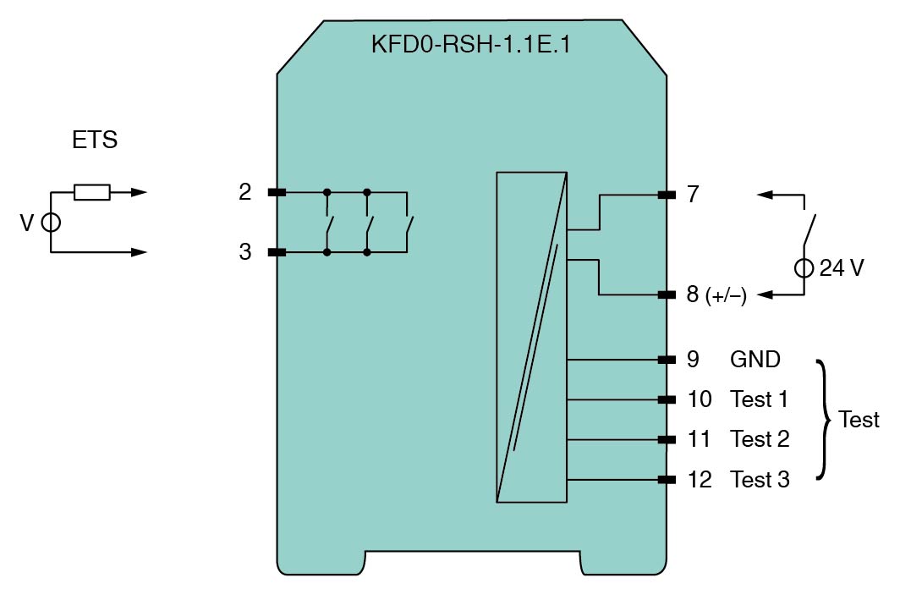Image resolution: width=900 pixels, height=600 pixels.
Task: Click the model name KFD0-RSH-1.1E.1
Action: pyautogui.click(x=470, y=45)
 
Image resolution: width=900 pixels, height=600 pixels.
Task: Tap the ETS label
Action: pyautogui.click(x=95, y=140)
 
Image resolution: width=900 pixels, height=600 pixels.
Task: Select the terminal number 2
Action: pyautogui.click(x=245, y=192)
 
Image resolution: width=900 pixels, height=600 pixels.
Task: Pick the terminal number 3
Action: pyautogui.click(x=245, y=251)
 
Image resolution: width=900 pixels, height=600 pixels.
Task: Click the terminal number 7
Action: pyautogui.click(x=694, y=194)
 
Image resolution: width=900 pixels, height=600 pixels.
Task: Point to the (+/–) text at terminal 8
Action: pyautogui.click(x=726, y=295)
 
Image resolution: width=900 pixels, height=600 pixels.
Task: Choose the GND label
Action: pyautogui.click(x=755, y=360)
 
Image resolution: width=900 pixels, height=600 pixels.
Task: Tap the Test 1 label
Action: pyautogui.click(x=759, y=399)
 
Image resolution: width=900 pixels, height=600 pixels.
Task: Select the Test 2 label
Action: pyautogui.click(x=760, y=439)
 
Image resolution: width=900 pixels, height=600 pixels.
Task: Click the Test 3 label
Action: pyautogui.click(x=760, y=480)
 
